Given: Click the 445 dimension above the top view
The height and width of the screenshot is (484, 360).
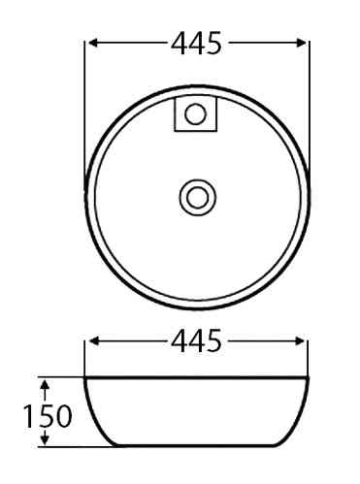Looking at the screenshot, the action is coord(196,43).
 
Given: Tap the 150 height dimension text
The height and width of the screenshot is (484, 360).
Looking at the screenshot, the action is coord(48,416).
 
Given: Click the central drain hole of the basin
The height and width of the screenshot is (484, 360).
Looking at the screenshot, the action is coord(198,197).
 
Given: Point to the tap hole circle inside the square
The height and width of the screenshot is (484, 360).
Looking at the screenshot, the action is coord(195,113).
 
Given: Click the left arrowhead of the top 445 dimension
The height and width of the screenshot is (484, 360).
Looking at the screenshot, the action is coord(93,43).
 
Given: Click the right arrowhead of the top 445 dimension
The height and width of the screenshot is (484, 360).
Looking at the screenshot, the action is coord(301,43).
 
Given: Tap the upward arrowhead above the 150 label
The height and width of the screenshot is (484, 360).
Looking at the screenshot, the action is coord(46,385).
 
